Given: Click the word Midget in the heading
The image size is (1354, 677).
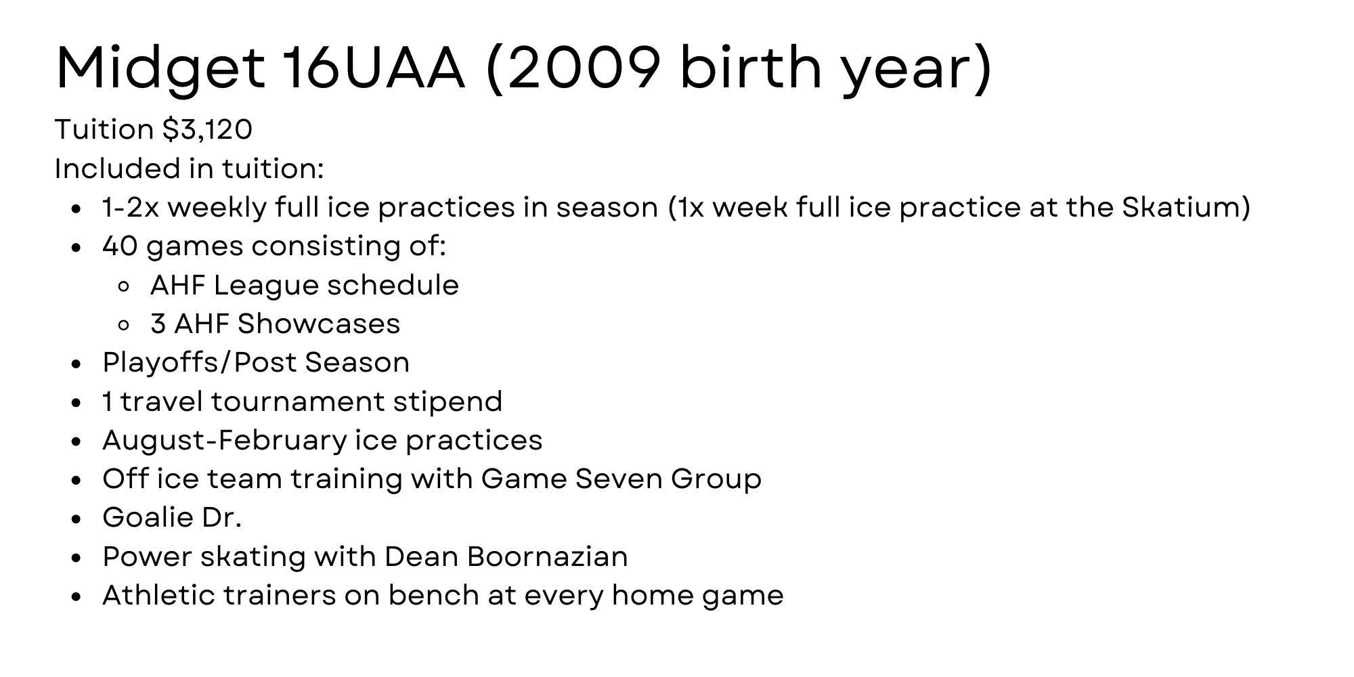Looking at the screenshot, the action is coord(160,70).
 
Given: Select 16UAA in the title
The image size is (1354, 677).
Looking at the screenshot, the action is coord(374,68).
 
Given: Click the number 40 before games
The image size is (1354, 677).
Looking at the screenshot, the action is coord(120,246).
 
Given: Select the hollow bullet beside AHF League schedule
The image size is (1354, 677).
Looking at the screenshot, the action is coord(123,286).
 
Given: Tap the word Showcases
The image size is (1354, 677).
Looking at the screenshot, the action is coord(319,324).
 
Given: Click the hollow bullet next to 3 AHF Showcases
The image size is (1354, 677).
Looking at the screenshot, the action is coord(123,325).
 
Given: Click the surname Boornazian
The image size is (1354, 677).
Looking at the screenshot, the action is coord(547,556).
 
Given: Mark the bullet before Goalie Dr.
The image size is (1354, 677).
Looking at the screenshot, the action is coord(76,519).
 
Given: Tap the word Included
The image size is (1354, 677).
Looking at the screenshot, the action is coord(116,169).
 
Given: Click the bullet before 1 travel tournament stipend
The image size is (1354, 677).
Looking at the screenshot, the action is coord(76,403).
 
